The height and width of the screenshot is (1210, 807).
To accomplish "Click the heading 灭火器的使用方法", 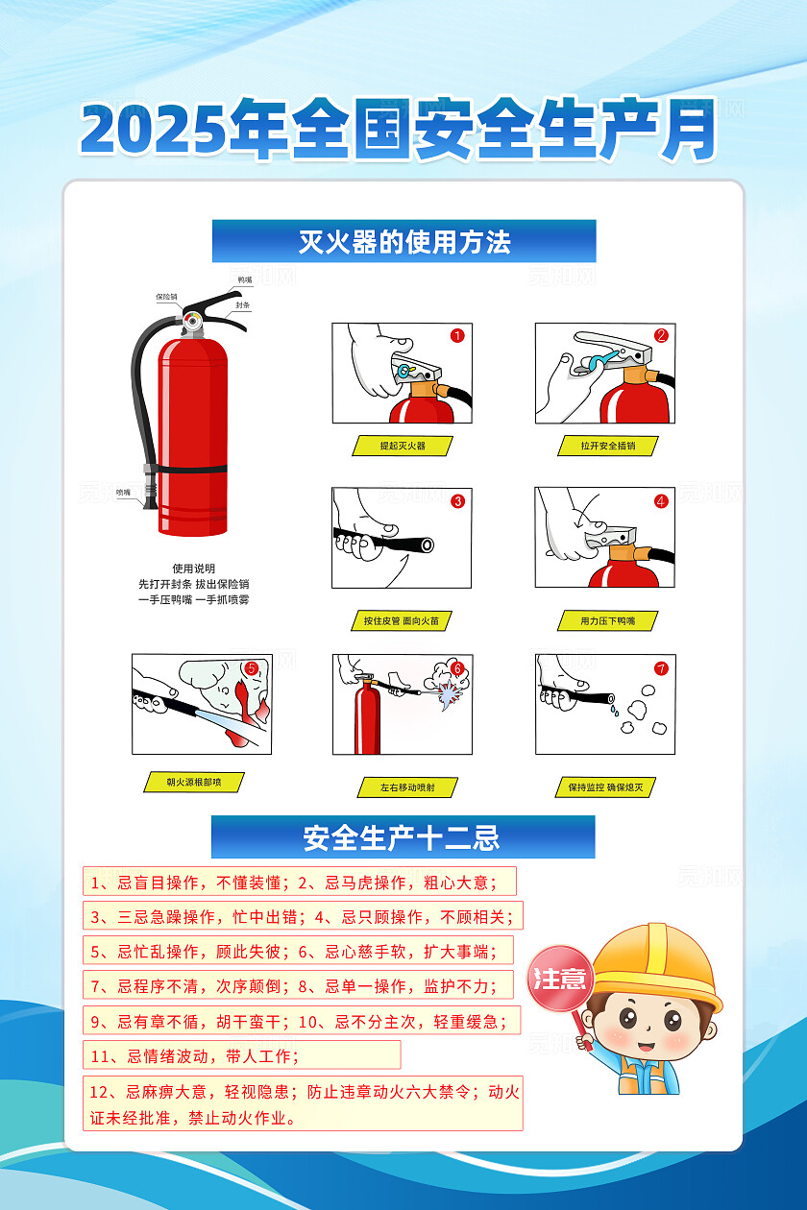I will pos(403,241).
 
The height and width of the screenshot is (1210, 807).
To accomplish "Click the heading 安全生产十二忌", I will pos(403,837).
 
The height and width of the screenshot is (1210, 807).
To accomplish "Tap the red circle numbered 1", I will pos(457,335).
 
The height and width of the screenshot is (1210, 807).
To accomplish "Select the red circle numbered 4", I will pos(661,500).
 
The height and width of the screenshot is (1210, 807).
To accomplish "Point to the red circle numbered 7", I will pos(661,668).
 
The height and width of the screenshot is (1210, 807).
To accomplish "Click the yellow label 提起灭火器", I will pos(402,447).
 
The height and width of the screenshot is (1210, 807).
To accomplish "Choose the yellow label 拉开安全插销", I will pos(607,447).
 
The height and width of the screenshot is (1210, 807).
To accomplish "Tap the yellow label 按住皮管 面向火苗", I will pos(401,621).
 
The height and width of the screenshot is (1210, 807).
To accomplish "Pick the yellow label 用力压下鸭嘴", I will pos(607,621).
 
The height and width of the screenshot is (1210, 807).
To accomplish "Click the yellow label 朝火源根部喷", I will pos(193,782).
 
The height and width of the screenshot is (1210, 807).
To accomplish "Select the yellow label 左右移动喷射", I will pos(406,787).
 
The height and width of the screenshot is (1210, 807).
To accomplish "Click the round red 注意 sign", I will pos(559,979).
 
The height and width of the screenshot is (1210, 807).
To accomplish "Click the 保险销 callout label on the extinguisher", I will pos(166,298).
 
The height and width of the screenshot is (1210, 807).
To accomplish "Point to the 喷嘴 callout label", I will pos(123,492).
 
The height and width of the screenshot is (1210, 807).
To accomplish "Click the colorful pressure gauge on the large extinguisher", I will pos(193,318).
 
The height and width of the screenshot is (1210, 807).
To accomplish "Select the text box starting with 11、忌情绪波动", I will pos(241,1055).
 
